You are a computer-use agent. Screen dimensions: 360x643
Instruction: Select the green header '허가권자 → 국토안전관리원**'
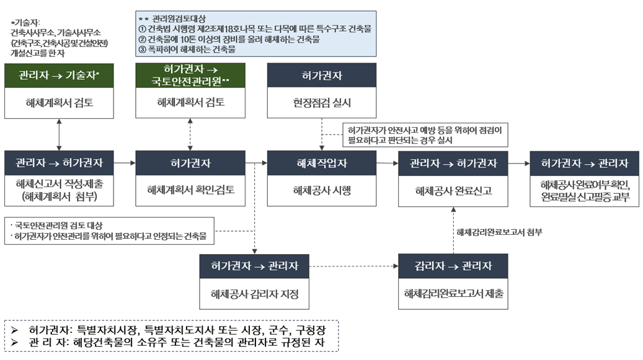[x=190, y=75]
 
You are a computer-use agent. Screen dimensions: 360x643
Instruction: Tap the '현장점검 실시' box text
[x=321, y=103]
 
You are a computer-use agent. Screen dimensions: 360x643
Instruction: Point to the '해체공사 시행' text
[x=321, y=190]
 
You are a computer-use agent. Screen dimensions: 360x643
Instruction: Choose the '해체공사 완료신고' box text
[x=453, y=190]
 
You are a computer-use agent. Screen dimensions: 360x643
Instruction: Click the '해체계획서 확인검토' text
[x=190, y=190]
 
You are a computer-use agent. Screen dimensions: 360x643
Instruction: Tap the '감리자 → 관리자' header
[x=453, y=266]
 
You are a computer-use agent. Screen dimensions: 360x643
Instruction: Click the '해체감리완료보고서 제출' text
[x=453, y=293]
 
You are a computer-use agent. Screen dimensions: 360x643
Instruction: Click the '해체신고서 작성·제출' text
[x=58, y=185]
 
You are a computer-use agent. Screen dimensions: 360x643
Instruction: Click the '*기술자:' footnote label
[x=25, y=22]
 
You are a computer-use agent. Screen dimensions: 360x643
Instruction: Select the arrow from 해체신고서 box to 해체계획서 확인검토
[x=124, y=163]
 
